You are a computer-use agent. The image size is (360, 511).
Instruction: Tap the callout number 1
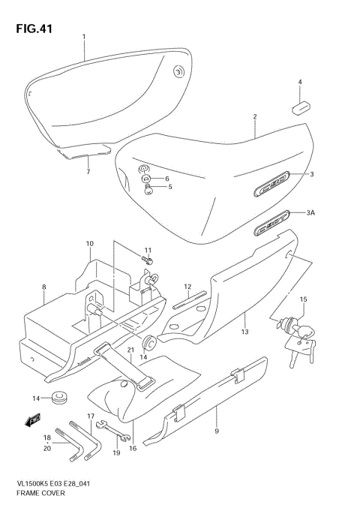tap(84, 37)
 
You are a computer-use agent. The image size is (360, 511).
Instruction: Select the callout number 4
tap(299, 82)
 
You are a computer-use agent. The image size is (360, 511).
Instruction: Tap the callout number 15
tap(303, 300)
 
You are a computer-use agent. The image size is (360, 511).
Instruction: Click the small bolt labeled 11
tap(148, 260)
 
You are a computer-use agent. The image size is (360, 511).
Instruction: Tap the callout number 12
tap(187, 286)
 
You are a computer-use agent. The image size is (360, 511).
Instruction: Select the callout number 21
tap(130, 350)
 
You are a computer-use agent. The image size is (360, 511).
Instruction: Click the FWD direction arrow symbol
tap(32, 422)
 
